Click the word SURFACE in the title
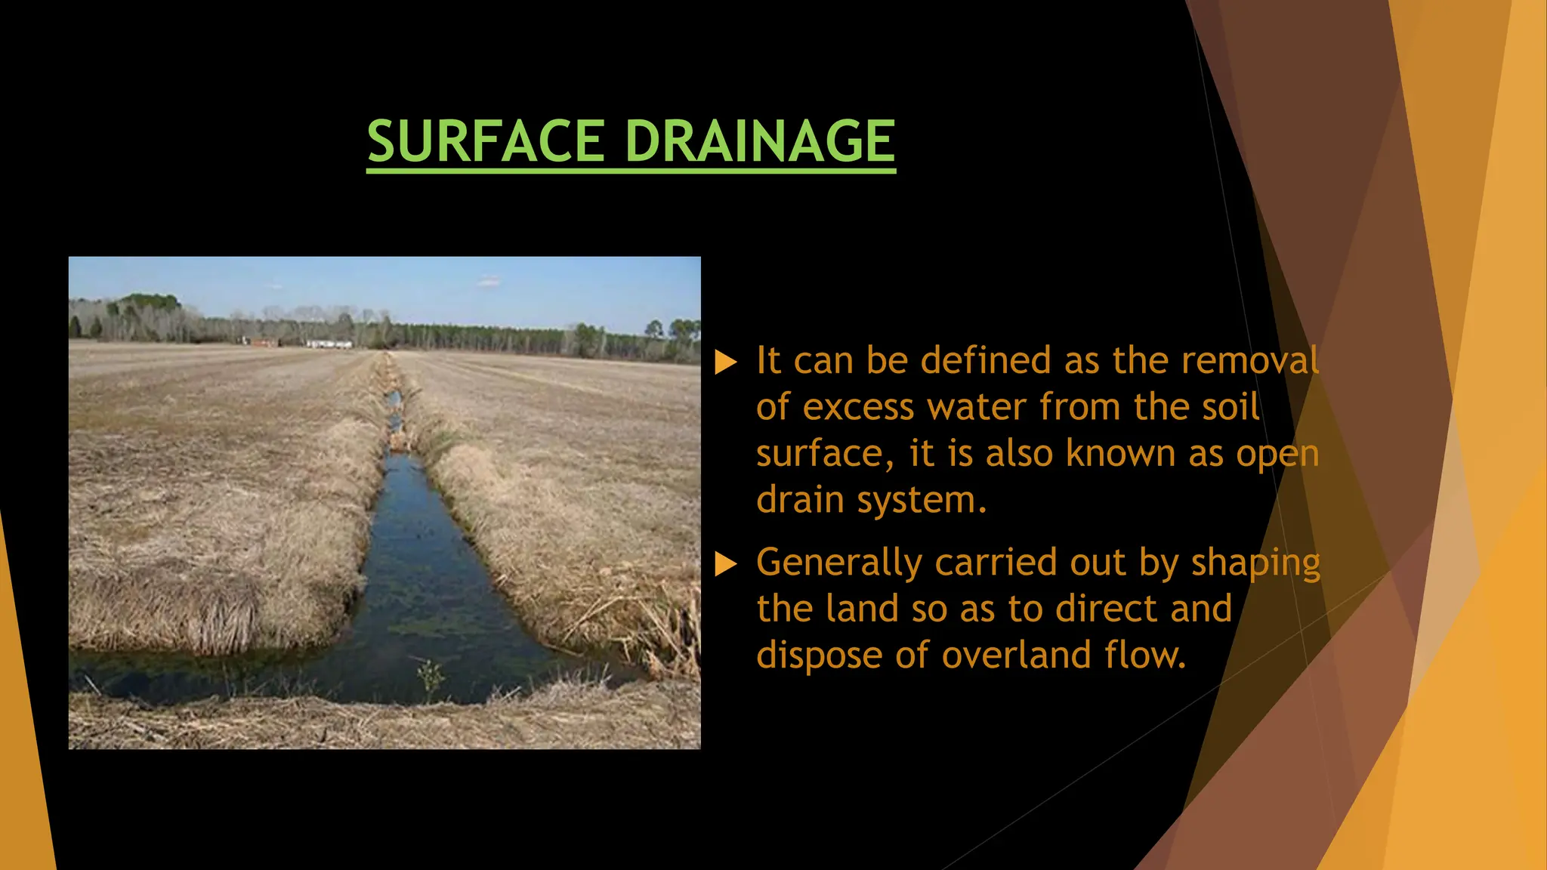coord(485,142)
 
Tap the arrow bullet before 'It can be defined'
coord(725,362)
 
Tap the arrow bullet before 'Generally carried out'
coord(725,564)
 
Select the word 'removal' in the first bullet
coord(1250,361)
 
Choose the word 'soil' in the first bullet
coord(1233,408)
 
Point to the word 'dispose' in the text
coord(819,656)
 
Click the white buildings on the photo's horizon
coord(328,344)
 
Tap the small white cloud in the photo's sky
coord(489,281)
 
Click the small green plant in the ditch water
coord(431,674)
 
